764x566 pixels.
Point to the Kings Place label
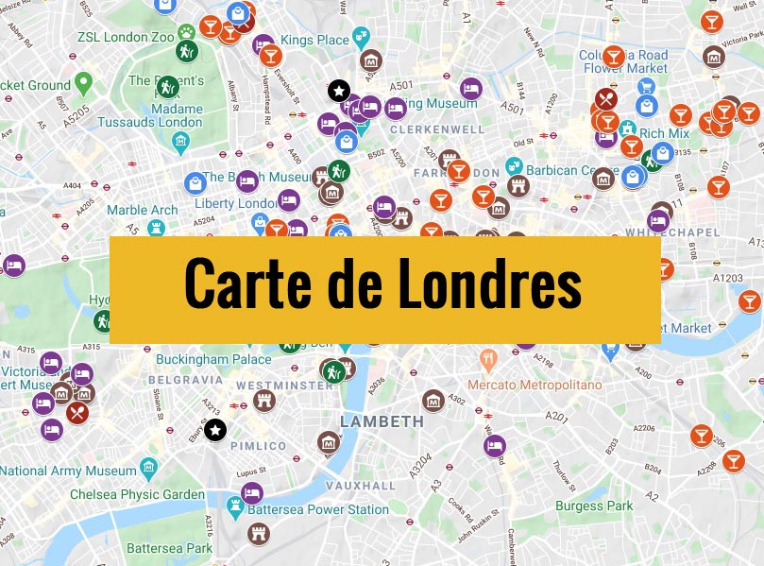[314, 40]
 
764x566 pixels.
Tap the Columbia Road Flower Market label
[623, 61]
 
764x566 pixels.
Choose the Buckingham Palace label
[226, 359]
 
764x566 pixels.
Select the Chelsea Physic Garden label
[137, 494]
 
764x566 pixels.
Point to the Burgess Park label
[594, 506]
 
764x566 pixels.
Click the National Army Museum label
[68, 471]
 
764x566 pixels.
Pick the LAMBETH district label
[382, 420]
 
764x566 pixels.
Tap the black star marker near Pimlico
[215, 431]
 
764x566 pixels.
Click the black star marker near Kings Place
[339, 91]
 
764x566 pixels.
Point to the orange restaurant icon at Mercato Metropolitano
[488, 360]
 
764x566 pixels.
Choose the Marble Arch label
[142, 210]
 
